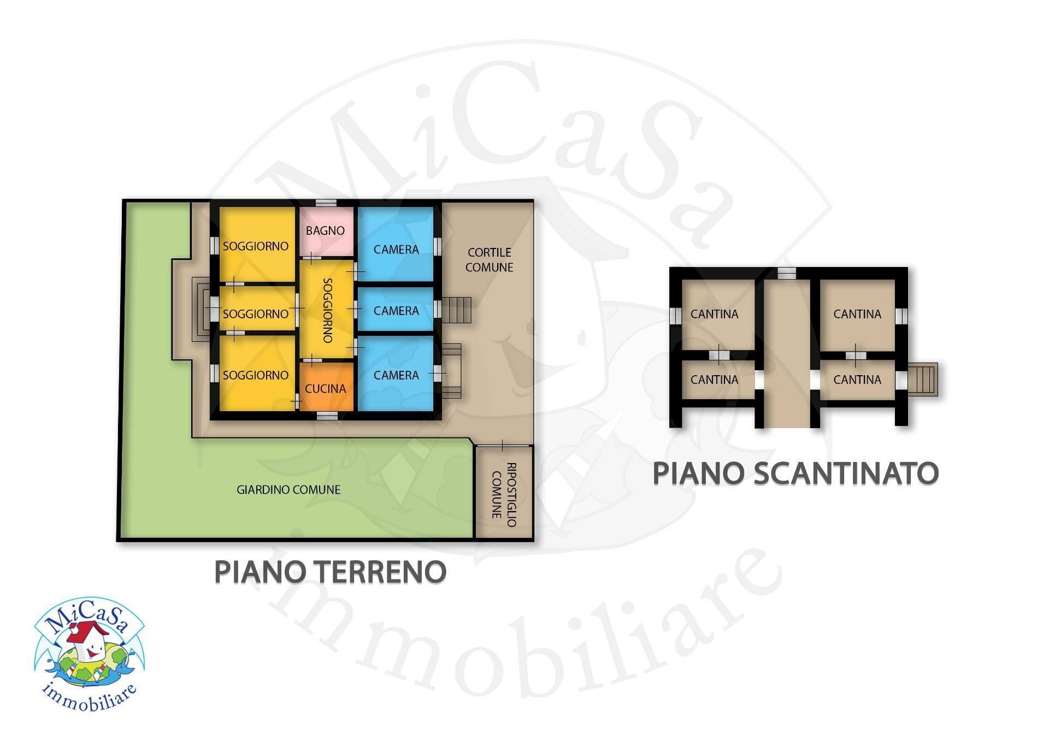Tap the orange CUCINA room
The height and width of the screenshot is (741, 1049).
point(326,387)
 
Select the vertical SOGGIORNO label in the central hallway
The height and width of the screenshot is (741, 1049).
point(327,310)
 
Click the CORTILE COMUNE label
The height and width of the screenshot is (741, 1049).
point(490,260)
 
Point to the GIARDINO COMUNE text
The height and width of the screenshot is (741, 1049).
point(288,490)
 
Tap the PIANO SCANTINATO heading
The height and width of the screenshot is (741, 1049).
point(795,473)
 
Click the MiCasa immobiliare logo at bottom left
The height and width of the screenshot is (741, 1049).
point(89,654)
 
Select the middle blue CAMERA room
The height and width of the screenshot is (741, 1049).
point(396,310)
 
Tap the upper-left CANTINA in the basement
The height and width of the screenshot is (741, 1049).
point(714,314)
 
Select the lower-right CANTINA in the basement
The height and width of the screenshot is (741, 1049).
point(857,380)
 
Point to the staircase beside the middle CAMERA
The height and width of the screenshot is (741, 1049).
point(457,310)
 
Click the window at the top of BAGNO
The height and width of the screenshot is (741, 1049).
point(326,203)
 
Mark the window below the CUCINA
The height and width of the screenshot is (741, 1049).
point(327,416)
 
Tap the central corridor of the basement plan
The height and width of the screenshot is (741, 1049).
point(787,355)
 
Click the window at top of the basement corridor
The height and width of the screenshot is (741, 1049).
point(787,273)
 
